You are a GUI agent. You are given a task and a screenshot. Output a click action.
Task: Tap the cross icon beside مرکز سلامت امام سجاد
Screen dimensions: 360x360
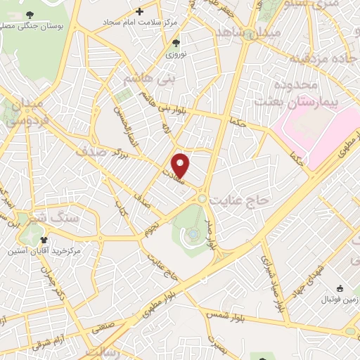tap(140, 11)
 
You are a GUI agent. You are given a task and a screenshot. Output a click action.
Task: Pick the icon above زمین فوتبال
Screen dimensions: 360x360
tap(340, 288)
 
